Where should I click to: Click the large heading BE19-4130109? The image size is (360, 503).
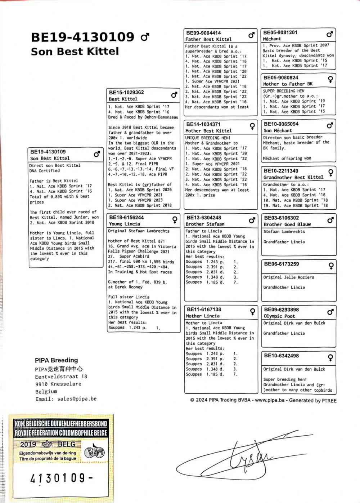point(82,37)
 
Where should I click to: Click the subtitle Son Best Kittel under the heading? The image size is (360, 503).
point(75,52)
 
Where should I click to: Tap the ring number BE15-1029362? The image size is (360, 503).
point(126,92)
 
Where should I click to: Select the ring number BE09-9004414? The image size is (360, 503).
point(203,33)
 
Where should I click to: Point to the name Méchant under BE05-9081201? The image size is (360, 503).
point(272,39)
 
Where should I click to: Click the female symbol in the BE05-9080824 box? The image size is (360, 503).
point(330,79)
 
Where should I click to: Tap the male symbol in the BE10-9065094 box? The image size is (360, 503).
point(330,125)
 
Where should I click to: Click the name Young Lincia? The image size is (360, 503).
point(124,224)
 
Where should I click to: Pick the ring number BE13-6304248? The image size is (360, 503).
point(204,218)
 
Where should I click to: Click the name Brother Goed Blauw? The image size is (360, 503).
point(287,224)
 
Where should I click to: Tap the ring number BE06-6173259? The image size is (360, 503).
point(281,264)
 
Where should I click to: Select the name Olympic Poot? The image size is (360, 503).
point(279,316)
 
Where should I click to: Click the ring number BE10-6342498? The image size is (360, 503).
point(281,356)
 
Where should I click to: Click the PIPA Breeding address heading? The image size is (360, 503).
point(56,360)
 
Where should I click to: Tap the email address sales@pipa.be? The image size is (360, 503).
point(77,399)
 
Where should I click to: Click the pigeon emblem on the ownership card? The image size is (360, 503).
point(94,452)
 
